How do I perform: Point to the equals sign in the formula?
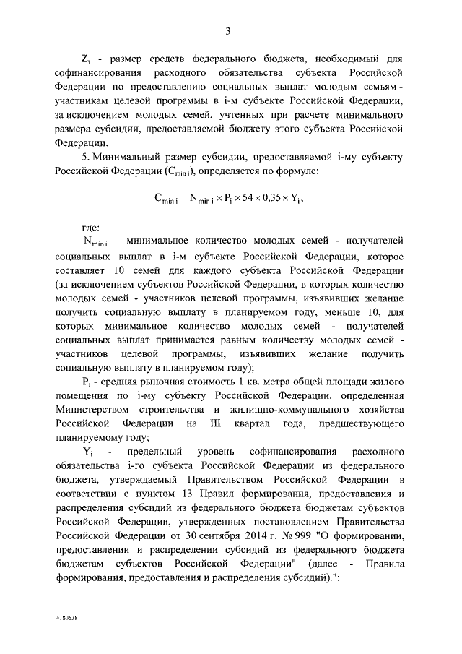tap(184, 199)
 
